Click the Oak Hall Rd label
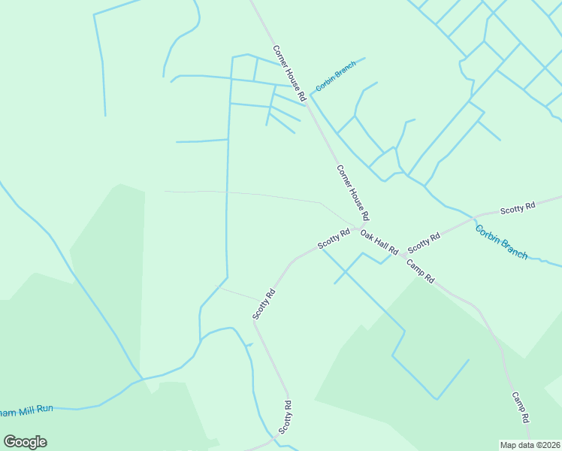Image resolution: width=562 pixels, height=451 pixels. coord(379,242)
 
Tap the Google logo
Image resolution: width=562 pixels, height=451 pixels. coord(25,442)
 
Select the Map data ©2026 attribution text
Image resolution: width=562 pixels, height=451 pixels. coord(530,445)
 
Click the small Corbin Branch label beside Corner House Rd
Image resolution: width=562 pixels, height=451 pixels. coord(335,76)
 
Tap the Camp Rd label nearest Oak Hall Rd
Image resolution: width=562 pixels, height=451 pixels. coord(420,271)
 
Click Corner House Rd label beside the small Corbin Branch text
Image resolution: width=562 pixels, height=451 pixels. coord(289,74)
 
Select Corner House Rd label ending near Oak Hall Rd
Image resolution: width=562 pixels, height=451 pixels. coord(352,192)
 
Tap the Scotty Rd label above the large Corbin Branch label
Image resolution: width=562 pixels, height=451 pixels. coord(518,207)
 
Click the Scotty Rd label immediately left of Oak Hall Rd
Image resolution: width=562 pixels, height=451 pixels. coord(334,239)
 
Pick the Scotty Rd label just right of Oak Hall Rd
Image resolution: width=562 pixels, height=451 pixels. coord(423,243)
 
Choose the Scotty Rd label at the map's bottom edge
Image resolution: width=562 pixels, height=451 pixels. coord(286,417)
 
